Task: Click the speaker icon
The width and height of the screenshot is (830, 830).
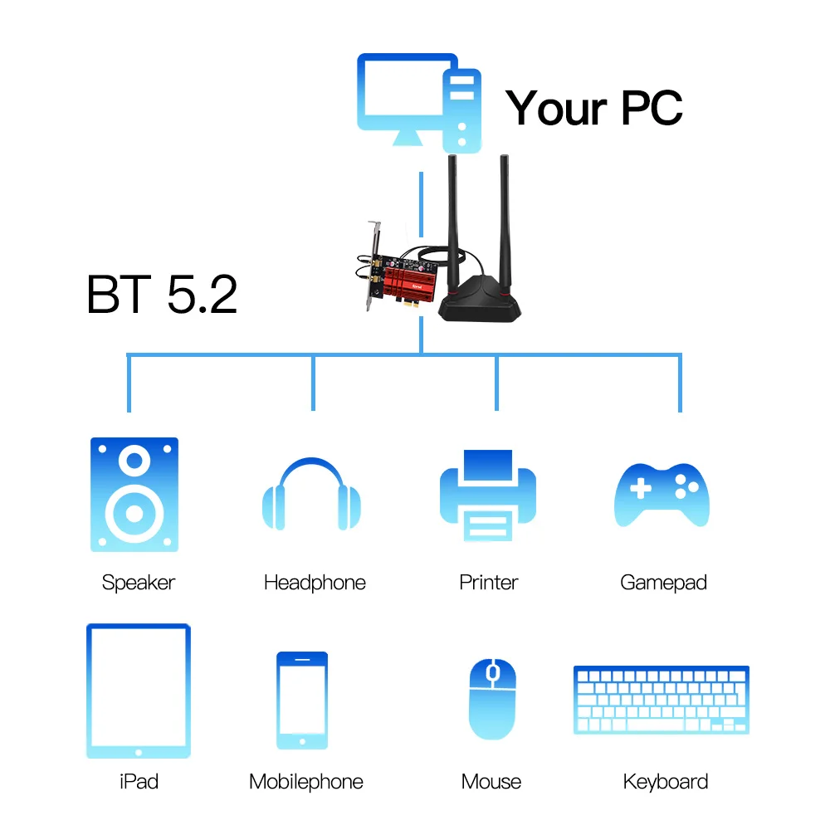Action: click(x=134, y=495)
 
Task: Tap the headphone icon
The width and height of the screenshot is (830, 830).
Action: click(x=311, y=495)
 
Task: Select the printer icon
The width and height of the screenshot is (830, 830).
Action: click(x=488, y=496)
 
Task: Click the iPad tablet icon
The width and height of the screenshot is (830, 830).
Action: click(x=139, y=691)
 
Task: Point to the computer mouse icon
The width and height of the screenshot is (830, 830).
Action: click(x=492, y=699)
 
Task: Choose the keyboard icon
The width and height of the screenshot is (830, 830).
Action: click(x=661, y=700)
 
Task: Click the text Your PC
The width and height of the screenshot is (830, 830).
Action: click(x=594, y=108)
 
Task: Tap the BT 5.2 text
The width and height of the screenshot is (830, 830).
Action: click(x=162, y=295)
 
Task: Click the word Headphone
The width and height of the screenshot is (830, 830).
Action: click(x=315, y=583)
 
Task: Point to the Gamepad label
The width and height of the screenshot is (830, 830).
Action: click(x=663, y=583)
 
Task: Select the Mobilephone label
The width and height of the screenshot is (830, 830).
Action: click(x=306, y=782)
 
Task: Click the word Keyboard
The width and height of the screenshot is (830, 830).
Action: click(x=666, y=782)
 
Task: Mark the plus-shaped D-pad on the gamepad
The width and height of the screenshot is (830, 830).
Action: click(x=641, y=488)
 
